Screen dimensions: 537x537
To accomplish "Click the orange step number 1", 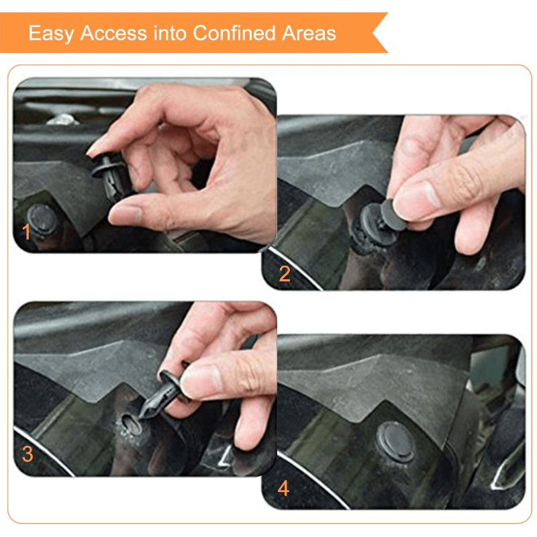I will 27,233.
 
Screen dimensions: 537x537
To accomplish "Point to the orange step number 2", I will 285,273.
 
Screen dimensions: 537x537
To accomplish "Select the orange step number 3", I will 27,454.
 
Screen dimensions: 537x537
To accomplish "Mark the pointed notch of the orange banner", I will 374,32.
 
